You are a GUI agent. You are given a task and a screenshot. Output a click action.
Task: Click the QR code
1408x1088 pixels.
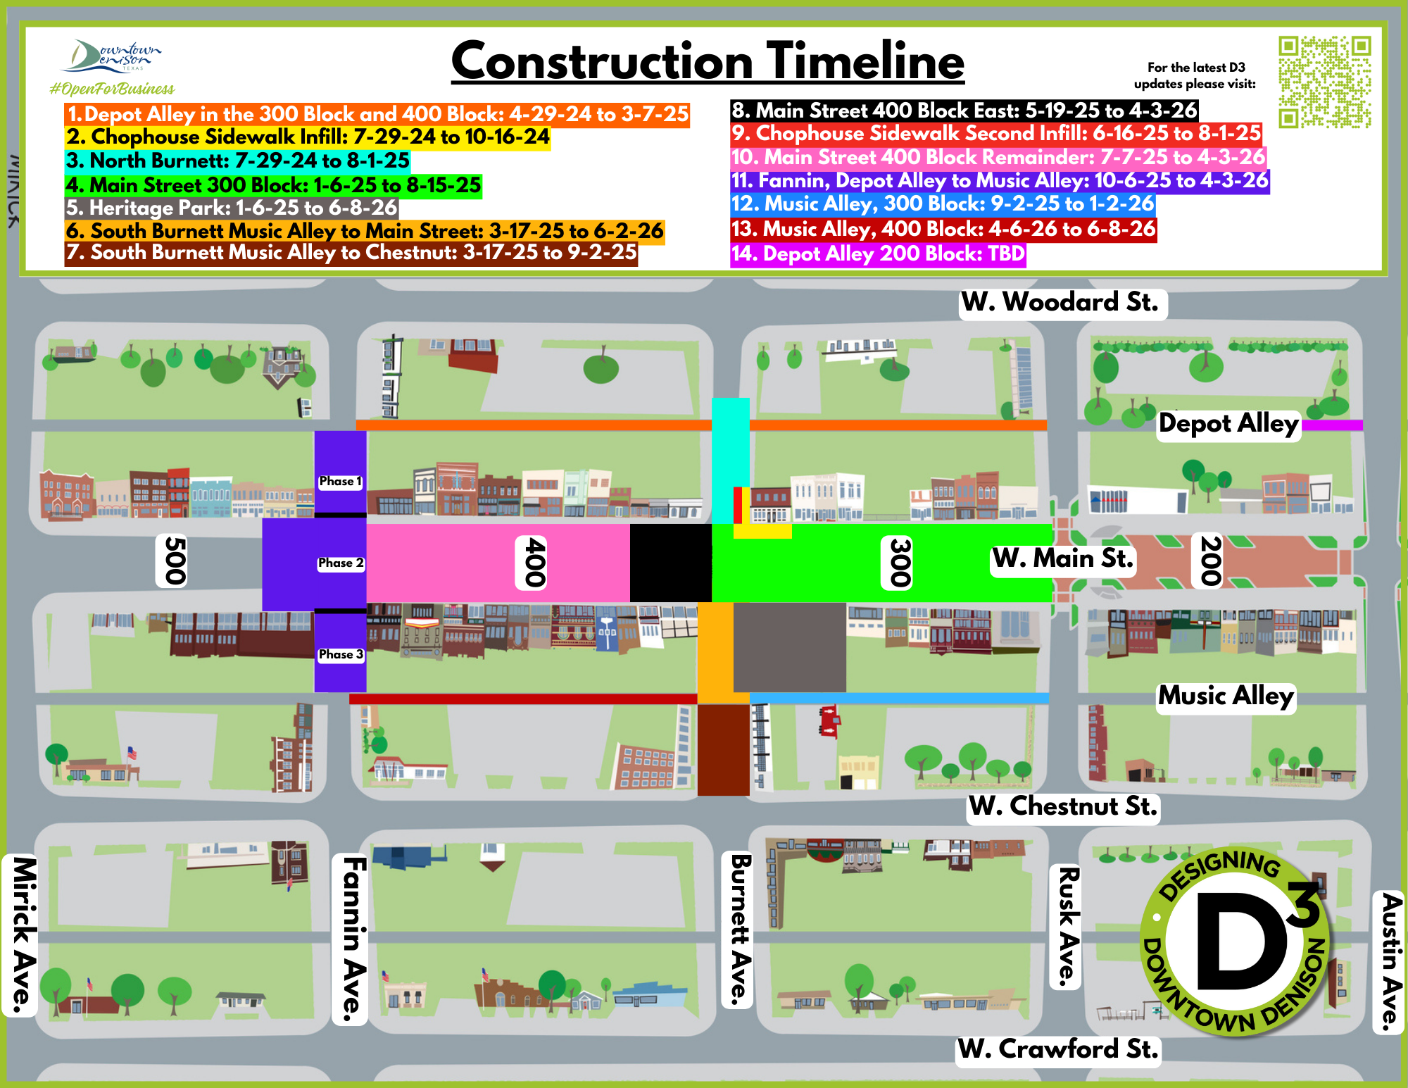click(x=1324, y=82)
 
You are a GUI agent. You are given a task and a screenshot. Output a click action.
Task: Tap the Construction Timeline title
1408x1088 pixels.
click(x=708, y=61)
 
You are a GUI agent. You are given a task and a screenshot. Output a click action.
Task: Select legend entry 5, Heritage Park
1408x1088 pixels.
click(x=232, y=208)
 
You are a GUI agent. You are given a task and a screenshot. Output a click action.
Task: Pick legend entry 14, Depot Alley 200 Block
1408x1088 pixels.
click(x=878, y=254)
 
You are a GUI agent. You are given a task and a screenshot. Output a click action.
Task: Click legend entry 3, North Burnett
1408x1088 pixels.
click(x=238, y=161)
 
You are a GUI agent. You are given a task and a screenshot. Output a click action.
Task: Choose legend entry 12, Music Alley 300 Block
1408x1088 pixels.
click(x=943, y=204)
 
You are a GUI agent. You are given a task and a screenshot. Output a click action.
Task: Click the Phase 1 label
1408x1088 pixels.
click(x=340, y=481)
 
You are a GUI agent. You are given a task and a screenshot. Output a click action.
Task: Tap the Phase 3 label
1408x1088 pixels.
click(x=341, y=654)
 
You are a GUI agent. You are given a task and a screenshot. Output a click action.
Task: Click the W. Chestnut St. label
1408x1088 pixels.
click(x=1063, y=806)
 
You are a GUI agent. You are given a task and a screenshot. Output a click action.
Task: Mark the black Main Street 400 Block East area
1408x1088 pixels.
click(x=670, y=563)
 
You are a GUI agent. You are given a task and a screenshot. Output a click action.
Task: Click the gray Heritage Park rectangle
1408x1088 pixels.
click(x=789, y=647)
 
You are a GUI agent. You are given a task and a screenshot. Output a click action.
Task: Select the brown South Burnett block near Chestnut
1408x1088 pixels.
click(x=723, y=750)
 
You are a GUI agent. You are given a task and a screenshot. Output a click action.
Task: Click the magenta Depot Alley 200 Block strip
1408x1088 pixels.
click(x=1332, y=425)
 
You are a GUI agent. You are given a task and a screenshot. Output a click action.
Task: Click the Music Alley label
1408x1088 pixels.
click(x=1226, y=696)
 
